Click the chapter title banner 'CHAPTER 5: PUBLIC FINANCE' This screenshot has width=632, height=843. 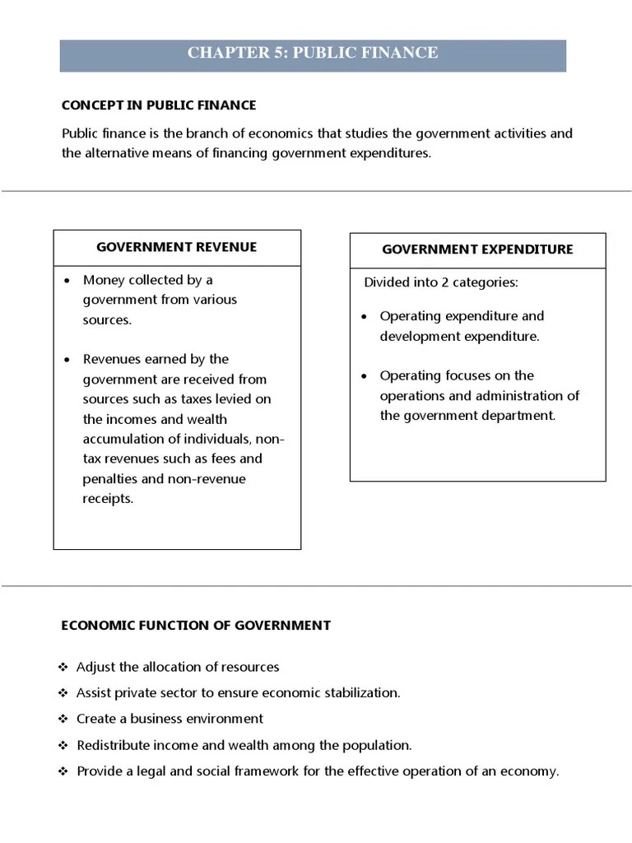coord(313,54)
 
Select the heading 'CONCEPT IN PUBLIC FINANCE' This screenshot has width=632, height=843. coord(159,105)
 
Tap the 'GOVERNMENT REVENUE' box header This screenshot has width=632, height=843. coord(177,247)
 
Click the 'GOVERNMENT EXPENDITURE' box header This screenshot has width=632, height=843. coord(477,249)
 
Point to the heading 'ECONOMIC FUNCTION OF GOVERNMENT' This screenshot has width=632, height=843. coord(196,625)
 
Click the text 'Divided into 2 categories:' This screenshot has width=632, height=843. coord(441,282)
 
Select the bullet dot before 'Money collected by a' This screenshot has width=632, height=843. coord(68,280)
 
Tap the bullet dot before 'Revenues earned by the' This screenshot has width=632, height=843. coord(68,360)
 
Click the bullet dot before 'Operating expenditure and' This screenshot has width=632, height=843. coord(365,316)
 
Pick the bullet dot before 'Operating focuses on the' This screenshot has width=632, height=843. coord(365,376)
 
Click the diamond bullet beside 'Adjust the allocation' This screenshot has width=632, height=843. coord(64,667)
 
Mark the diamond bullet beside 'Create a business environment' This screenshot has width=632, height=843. coord(64,719)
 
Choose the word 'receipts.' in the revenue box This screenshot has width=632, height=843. coord(108,498)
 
